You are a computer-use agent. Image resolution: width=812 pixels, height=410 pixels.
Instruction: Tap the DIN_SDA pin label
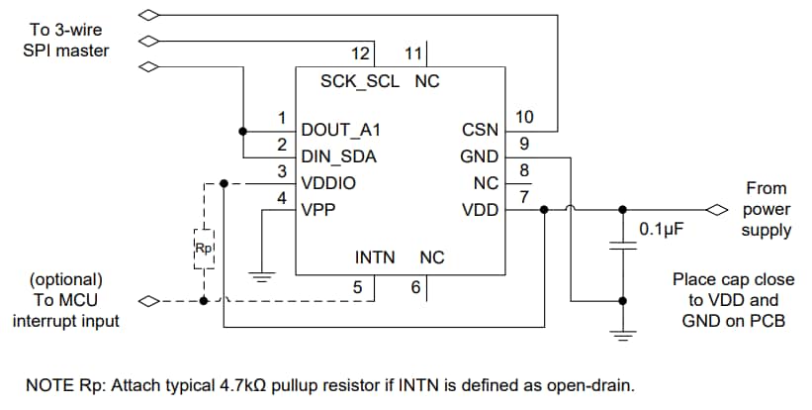[x=339, y=156]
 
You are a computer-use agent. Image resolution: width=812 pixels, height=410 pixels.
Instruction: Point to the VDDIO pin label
[x=328, y=183]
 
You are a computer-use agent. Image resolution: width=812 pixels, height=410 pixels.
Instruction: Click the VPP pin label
[x=318, y=209]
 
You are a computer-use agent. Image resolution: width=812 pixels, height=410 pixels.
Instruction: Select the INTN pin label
[x=375, y=257]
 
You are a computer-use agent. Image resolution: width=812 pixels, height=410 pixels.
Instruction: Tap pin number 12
[x=362, y=51]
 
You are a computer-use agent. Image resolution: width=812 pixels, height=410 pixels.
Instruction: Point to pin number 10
[x=524, y=117]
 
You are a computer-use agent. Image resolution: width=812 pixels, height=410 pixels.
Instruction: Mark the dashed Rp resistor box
[x=204, y=249]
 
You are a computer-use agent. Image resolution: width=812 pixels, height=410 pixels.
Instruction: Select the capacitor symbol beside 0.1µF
[x=622, y=245]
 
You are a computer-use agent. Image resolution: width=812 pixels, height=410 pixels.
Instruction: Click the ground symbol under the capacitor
[x=622, y=338]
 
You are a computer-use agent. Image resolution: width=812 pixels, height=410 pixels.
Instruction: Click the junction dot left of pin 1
[x=242, y=130]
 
